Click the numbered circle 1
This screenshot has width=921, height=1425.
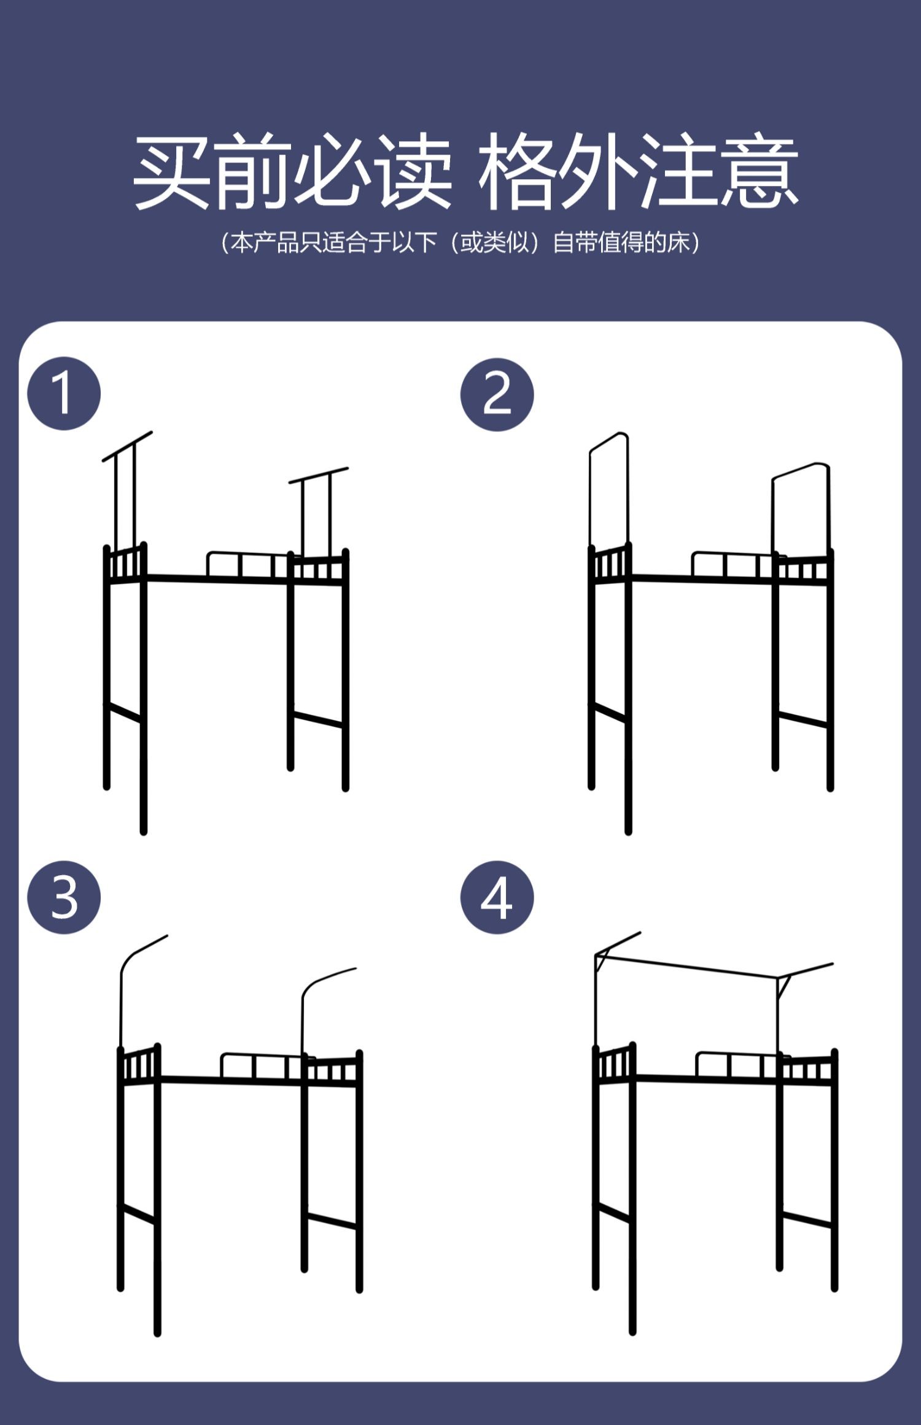pos(64,393)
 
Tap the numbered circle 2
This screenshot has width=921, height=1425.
pos(497,394)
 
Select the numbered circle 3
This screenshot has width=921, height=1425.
pos(64,897)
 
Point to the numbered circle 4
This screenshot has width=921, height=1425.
pos(497,897)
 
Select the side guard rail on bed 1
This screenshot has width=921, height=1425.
pos(249,564)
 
